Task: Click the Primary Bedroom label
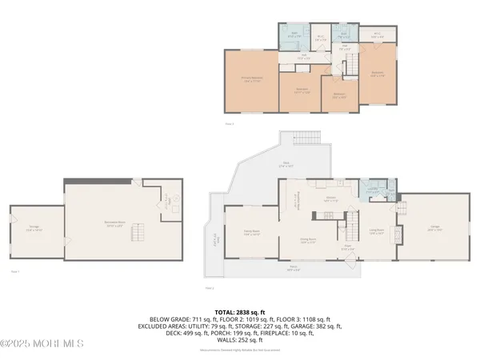point(253,78)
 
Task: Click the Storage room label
point(34,227)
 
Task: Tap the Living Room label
point(376,232)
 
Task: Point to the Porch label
point(294,269)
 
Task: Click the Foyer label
point(348,248)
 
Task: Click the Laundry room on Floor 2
point(371,192)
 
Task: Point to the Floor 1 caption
point(14,272)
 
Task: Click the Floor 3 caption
point(230,124)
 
